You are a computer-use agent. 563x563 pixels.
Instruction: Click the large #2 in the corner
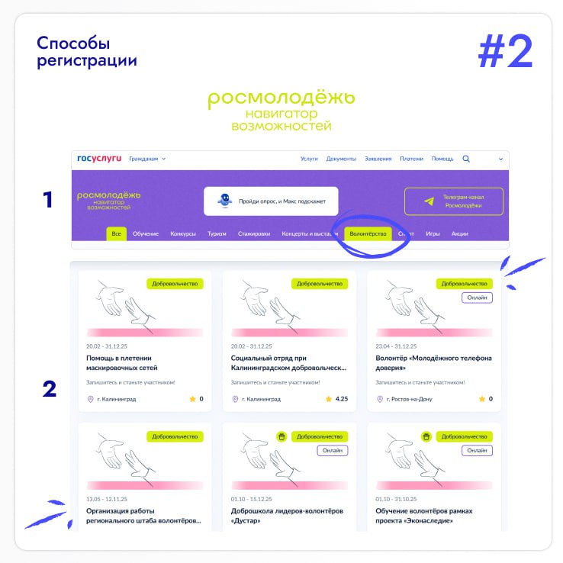(x=505, y=51)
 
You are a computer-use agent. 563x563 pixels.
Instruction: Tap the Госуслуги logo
(x=99, y=159)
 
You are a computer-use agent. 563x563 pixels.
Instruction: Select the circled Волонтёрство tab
(x=368, y=233)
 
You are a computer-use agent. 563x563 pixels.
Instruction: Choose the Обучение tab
(x=146, y=233)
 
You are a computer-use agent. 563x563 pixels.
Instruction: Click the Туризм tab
(x=217, y=233)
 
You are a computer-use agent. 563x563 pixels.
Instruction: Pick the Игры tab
(x=433, y=233)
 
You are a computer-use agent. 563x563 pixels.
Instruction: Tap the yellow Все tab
(x=116, y=233)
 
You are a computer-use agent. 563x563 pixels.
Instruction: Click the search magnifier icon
(x=466, y=159)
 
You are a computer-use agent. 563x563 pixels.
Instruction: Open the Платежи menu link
(x=411, y=159)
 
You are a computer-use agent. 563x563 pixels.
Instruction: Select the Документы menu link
(x=341, y=159)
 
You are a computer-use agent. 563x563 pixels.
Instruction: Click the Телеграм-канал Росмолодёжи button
(x=454, y=201)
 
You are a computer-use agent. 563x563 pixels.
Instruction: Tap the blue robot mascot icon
(x=225, y=201)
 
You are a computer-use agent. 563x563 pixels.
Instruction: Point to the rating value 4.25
(x=342, y=399)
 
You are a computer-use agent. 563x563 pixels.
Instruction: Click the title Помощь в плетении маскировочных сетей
(x=122, y=363)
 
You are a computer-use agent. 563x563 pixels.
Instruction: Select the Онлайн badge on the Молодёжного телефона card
(x=477, y=298)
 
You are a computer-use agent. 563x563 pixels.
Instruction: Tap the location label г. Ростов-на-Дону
(x=410, y=399)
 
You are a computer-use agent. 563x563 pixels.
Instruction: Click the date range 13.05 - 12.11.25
(x=107, y=499)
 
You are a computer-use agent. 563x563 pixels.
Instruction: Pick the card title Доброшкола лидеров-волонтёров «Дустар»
(x=287, y=516)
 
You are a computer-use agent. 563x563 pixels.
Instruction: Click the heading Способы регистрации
(x=87, y=52)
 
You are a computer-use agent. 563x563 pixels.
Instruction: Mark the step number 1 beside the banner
(x=48, y=200)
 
